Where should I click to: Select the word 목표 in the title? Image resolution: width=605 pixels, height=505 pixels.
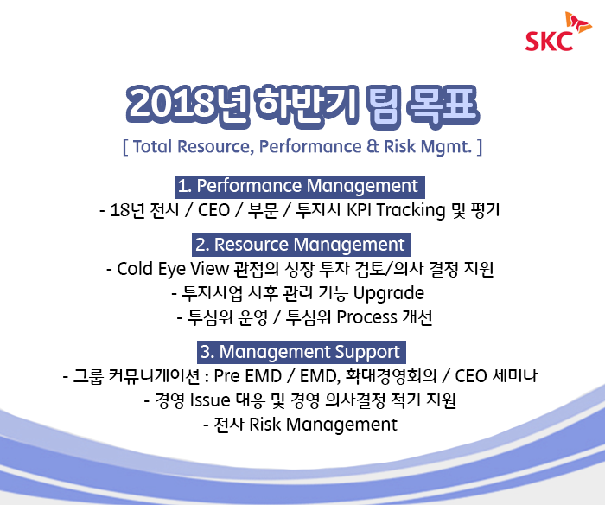(x=443, y=105)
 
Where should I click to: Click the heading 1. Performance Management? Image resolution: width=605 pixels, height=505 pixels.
(x=300, y=187)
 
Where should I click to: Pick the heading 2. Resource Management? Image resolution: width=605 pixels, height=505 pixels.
(x=302, y=246)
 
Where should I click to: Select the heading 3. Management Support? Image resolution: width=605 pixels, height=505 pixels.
(x=302, y=352)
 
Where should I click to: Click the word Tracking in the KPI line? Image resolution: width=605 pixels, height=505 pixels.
(x=411, y=211)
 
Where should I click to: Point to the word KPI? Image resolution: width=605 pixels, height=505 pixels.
(x=360, y=210)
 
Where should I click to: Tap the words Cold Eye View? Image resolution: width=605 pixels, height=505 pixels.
(x=173, y=269)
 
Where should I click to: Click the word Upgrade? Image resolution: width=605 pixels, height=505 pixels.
(x=389, y=293)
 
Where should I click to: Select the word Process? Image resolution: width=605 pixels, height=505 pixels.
(x=367, y=317)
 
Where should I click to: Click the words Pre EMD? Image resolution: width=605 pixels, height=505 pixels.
(x=248, y=376)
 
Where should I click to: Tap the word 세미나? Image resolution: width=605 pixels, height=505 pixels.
(x=515, y=376)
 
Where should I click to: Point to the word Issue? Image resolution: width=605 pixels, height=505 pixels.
(x=210, y=400)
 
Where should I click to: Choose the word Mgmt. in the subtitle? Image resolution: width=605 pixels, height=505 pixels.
(x=447, y=147)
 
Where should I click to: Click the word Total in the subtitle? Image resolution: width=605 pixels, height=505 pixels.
(x=152, y=147)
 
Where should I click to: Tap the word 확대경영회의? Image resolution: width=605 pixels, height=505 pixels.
(x=391, y=376)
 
